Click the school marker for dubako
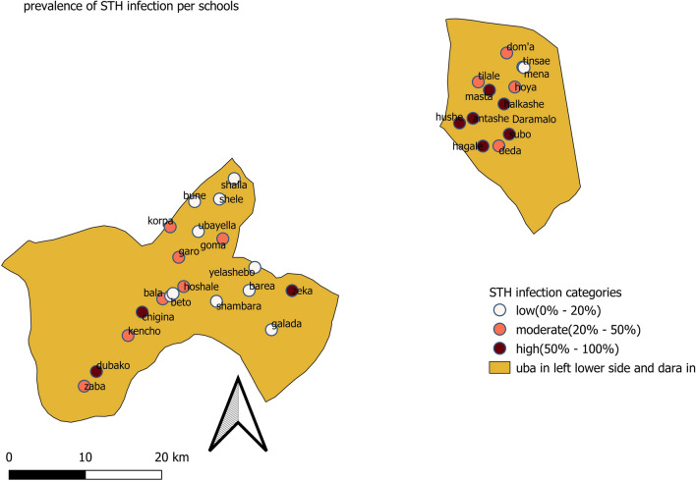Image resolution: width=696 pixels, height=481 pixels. pos(96,370)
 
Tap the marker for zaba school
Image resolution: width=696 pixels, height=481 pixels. pos(85,386)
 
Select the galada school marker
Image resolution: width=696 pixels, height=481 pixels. pos(271,330)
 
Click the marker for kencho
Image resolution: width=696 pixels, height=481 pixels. pos(128,336)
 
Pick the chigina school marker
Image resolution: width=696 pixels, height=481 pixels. pos(142,312)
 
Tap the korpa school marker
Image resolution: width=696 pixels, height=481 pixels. pos(170,227)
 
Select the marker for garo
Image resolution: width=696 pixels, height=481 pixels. pos(179,257)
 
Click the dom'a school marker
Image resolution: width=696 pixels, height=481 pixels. pos(507,53)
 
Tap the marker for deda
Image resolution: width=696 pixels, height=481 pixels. pos(498,145)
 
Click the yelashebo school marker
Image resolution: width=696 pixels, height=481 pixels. pos(255,267)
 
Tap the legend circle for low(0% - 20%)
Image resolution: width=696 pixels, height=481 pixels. pos(501,311)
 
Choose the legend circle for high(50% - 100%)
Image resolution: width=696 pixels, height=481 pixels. pos(501,348)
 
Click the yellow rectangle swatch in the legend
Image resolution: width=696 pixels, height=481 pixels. pos(501,368)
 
